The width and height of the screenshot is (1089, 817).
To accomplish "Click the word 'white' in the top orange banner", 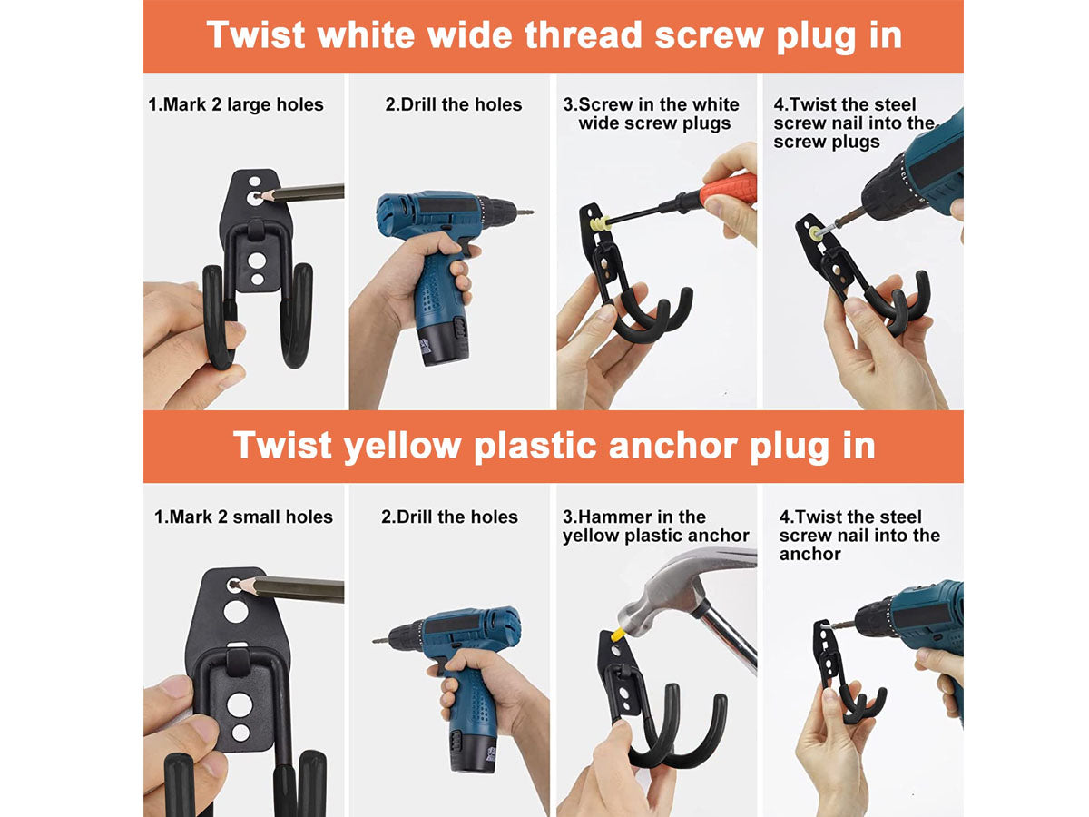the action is pos(366,35).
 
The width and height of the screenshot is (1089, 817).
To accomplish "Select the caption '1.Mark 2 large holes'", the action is pos(236,104).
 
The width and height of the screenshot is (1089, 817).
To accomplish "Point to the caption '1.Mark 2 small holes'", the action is pos(243,517).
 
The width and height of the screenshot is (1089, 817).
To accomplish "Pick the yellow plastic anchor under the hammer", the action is pos(618,634).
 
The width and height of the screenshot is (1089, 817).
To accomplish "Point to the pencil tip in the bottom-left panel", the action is pos(236,585).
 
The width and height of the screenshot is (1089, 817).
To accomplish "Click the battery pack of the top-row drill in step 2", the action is pos(443,345).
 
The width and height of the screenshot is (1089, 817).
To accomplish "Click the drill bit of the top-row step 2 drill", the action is pos(524,212).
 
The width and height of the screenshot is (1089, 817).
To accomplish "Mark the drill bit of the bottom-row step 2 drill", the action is pos(381,641).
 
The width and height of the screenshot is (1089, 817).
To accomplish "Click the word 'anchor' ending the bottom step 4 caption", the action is pos(809,554).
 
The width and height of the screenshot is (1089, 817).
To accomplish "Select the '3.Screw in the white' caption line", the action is pos(651,104).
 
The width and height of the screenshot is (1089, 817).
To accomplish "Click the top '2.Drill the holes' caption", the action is pos(454,104).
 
